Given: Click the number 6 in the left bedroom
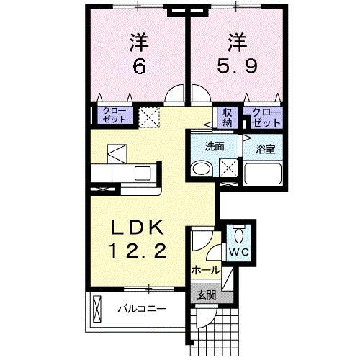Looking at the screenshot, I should pyautogui.click(x=139, y=66).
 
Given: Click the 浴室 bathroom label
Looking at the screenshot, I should pyautogui.click(x=266, y=150).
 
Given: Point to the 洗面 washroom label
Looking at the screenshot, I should pyautogui.click(x=214, y=146).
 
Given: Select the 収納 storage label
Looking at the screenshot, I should pyautogui.click(x=228, y=117).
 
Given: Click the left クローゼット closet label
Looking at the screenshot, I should pyautogui.click(x=114, y=115).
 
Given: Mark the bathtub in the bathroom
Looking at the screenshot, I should pyautogui.click(x=264, y=174).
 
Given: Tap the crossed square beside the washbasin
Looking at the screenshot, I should pyautogui.click(x=228, y=168).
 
